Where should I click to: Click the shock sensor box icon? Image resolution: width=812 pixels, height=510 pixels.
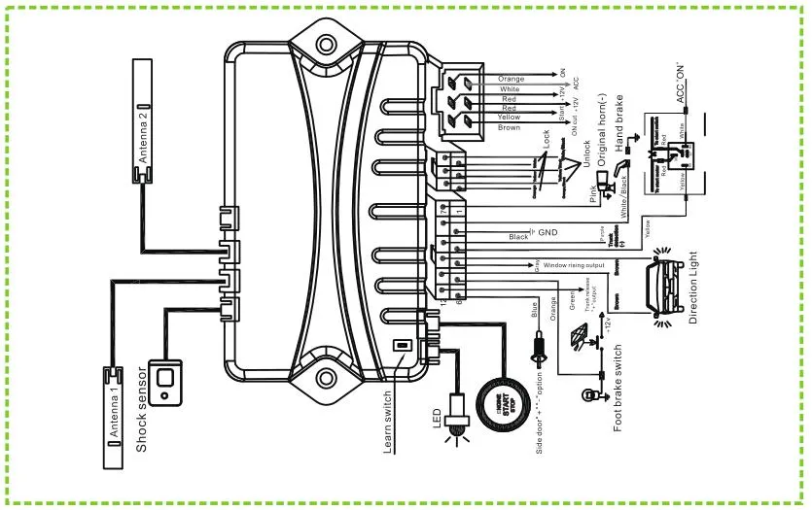pyautogui.click(x=173, y=380)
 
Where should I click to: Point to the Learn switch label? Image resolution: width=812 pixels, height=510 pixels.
pyautogui.click(x=389, y=407)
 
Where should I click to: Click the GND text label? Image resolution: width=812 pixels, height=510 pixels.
pyautogui.click(x=547, y=233)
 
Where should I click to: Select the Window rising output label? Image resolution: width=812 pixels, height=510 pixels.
pyautogui.click(x=574, y=263)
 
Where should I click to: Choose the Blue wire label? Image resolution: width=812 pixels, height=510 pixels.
pyautogui.click(x=533, y=312)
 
